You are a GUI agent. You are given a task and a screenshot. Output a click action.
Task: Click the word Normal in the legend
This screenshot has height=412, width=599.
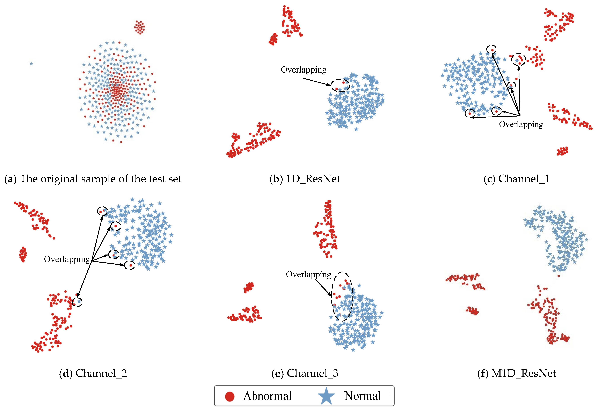363,396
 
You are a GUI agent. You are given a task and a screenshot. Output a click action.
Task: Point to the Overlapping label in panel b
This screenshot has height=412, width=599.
303,70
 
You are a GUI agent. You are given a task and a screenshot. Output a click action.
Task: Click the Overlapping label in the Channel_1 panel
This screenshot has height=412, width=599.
521,124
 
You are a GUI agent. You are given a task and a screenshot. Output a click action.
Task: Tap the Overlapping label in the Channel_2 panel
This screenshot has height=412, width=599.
67,259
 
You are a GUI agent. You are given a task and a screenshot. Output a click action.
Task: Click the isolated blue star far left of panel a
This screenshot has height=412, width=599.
31,64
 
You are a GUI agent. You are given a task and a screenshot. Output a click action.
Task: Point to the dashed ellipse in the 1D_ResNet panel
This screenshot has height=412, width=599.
340,85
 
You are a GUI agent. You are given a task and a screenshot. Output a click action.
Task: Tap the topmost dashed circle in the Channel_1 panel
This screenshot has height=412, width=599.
492,50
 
